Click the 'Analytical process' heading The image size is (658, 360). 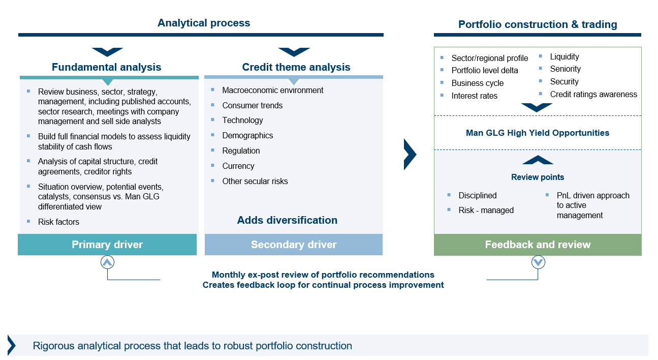pos(204,23)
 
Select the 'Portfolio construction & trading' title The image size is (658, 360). pos(538,24)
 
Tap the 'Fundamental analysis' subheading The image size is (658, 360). pos(106,67)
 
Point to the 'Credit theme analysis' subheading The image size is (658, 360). pos(296,67)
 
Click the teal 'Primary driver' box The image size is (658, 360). pos(107,245)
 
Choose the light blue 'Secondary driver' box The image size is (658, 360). pos(294,245)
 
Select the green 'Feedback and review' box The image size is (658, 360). pos(538,245)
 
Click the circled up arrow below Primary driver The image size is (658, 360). pos(107,262)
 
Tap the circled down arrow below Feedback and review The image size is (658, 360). pos(538,262)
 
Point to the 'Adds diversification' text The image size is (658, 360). pos(287,220)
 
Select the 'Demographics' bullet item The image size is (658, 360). pos(247,135)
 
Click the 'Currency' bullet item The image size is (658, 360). pos(238,166)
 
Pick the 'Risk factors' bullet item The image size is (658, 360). pos(58,222)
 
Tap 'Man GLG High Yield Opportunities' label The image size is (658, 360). pos(538,133)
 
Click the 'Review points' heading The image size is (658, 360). pos(538,177)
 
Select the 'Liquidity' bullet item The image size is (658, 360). pos(565,57)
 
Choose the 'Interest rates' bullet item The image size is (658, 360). pos(475,96)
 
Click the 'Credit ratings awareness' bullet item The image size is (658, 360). pos(593,95)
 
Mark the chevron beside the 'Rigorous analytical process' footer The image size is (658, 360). pos(12,345)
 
